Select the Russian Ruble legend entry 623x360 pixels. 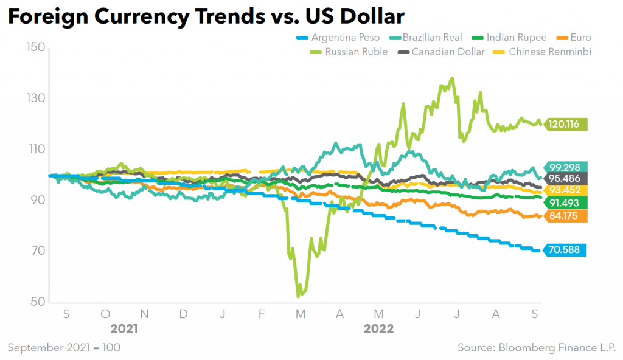pos(349,52)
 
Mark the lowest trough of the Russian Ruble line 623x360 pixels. pos(298,296)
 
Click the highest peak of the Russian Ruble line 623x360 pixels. pos(452,78)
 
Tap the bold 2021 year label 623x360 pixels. pos(124,329)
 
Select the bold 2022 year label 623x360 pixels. pos(378,329)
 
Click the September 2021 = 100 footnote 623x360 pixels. pos(64,347)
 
